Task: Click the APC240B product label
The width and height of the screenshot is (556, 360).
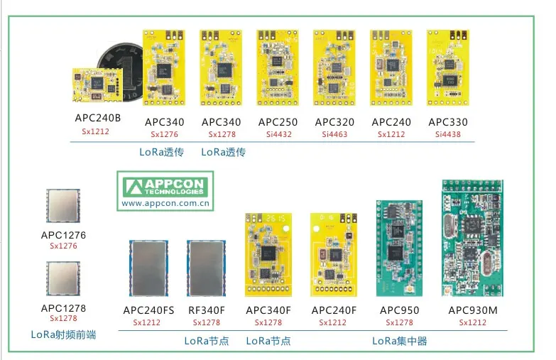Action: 98,118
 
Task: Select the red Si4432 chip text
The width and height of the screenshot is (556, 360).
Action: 279,134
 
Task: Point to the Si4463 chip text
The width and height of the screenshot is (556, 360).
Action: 334,134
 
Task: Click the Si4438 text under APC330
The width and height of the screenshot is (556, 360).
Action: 448,134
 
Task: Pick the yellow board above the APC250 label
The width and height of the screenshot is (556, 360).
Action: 278,67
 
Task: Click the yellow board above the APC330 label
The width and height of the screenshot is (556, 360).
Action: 448,67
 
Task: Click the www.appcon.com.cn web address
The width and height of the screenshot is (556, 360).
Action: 165,204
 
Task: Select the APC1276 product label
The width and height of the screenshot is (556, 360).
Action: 63,235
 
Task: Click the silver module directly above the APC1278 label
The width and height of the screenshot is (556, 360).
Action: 63,279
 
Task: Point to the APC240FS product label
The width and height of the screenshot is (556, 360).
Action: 148,310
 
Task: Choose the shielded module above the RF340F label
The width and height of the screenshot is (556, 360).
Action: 207,268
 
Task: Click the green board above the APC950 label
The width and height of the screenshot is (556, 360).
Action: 399,249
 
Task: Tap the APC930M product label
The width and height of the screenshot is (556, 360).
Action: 473,310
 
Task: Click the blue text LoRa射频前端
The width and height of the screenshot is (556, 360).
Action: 63,334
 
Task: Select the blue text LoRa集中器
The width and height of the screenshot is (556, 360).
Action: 400,341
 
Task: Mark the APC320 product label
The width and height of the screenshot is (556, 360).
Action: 334,122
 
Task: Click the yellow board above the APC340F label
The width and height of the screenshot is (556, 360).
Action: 268,255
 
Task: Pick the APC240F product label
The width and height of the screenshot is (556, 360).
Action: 334,310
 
